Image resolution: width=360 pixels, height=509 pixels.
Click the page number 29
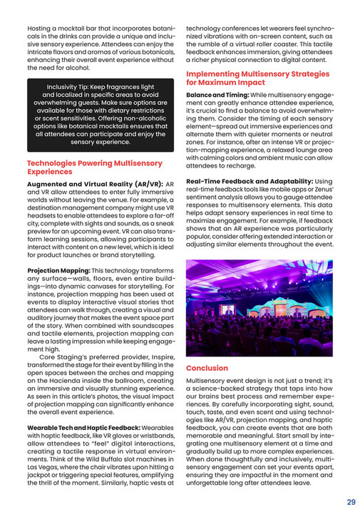coord(350,501)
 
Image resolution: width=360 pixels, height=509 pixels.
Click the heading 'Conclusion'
coord(207,368)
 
